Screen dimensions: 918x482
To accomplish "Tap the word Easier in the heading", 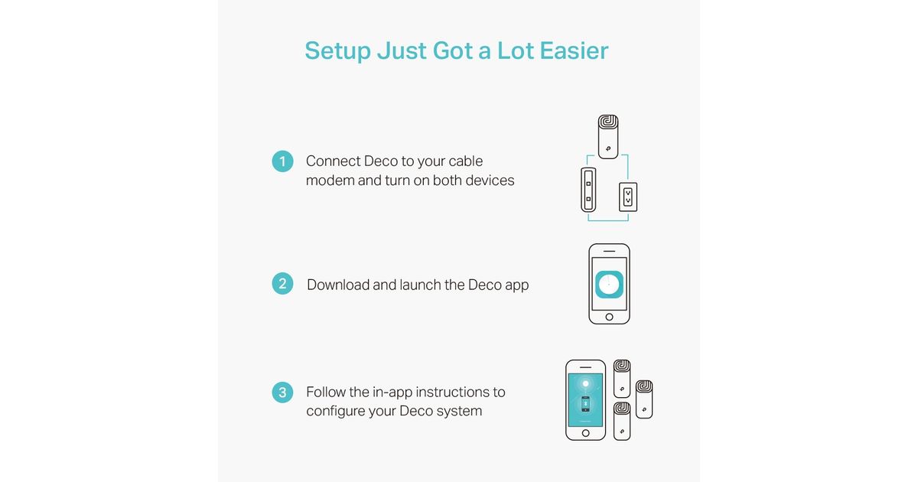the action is click(x=574, y=50).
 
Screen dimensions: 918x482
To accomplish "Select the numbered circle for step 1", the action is click(x=282, y=161).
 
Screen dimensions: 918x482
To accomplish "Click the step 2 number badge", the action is click(x=282, y=284).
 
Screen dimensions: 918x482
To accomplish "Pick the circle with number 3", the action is click(x=282, y=392).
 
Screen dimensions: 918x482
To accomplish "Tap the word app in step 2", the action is click(x=516, y=285).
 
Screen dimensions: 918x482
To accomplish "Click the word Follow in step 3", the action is click(x=326, y=392).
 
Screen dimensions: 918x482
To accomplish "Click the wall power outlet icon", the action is click(x=628, y=197).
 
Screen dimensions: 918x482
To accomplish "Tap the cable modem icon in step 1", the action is click(x=588, y=190).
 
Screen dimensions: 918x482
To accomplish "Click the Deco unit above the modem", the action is click(x=608, y=136).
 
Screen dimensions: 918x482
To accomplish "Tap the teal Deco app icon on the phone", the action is click(x=609, y=284).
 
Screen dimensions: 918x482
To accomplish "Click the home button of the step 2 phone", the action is click(x=609, y=317).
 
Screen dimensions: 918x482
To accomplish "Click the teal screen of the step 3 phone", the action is click(x=586, y=400).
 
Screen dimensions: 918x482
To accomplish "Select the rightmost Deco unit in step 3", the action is click(x=644, y=399).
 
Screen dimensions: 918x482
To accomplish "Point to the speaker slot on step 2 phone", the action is click(x=610, y=251).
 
